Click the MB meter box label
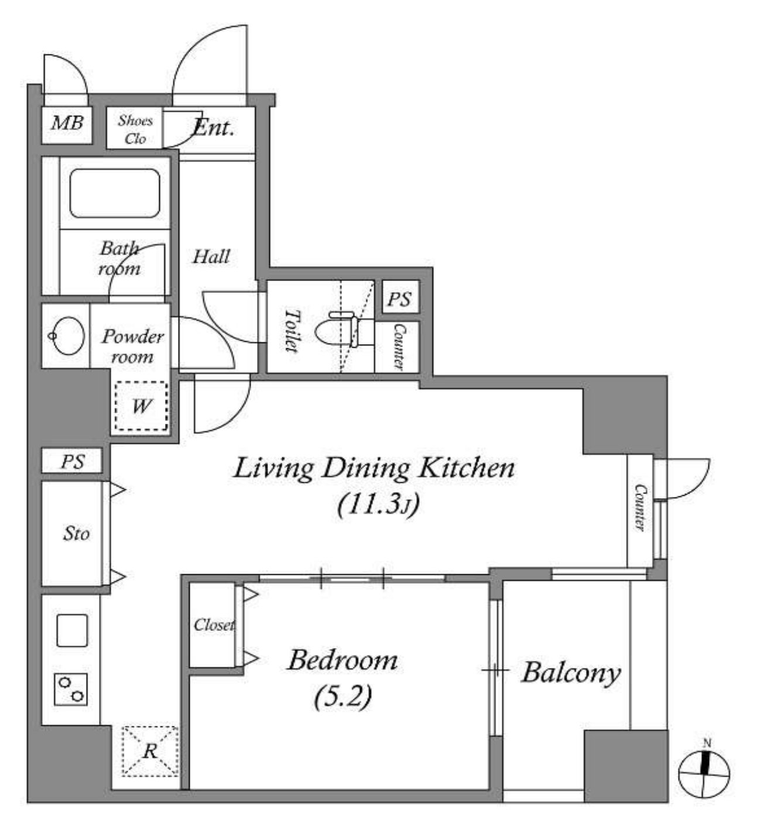(67, 123)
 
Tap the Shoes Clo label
(135, 129)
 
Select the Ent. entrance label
(213, 127)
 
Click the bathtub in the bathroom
(115, 193)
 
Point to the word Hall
(211, 256)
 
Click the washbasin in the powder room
(66, 336)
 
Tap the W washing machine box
(141, 406)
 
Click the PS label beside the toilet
(399, 299)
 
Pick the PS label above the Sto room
(73, 461)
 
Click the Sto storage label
(76, 534)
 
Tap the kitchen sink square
(72, 630)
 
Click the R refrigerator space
(150, 752)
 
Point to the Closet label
(214, 625)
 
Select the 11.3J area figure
(378, 504)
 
